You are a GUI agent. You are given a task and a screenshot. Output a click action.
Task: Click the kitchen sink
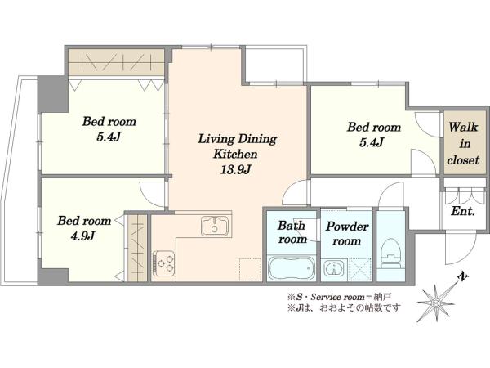[x=215, y=226]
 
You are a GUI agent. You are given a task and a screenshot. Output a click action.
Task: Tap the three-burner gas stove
[x=164, y=263]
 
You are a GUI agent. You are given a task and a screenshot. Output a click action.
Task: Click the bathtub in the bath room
[x=292, y=268]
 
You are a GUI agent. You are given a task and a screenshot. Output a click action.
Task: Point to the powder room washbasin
[x=335, y=268]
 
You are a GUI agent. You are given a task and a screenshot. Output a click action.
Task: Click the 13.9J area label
[x=236, y=169]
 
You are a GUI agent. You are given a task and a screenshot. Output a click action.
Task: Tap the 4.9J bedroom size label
[x=82, y=236]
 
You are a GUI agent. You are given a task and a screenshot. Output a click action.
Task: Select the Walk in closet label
[x=463, y=144]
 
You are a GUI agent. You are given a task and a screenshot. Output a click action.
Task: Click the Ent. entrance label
[x=463, y=212]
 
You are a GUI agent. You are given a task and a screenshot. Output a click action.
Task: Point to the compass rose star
[x=435, y=303]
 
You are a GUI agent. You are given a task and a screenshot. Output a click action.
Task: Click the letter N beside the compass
[x=462, y=276]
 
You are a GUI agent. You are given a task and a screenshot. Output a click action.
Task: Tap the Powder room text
[x=347, y=233]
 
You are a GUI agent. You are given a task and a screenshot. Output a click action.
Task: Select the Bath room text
[x=292, y=232]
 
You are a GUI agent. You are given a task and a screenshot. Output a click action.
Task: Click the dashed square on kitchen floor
[x=251, y=269]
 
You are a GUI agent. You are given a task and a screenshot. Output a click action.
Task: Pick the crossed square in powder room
[x=360, y=268]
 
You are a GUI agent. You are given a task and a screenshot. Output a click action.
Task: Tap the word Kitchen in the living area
[x=235, y=154]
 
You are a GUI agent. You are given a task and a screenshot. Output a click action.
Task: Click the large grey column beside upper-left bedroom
[x=52, y=94]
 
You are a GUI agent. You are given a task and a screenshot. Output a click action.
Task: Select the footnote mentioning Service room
[x=340, y=296]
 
